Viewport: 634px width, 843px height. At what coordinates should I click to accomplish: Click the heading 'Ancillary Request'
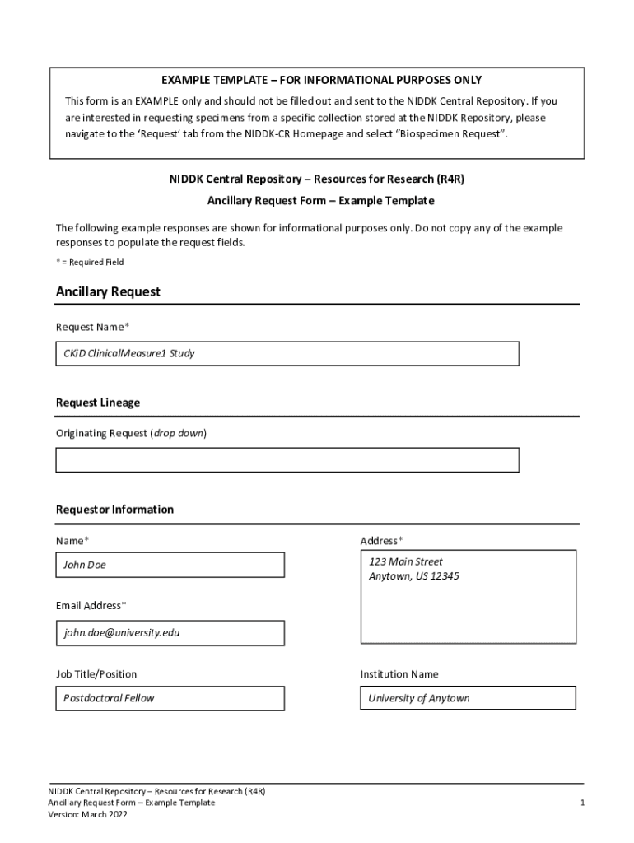pyautogui.click(x=108, y=292)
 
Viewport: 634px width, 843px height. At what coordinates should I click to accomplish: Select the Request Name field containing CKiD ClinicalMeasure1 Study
pyautogui.click(x=287, y=354)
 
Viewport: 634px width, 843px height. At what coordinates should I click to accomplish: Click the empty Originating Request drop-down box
pyautogui.click(x=287, y=460)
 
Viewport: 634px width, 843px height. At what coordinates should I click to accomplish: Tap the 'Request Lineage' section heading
pyautogui.click(x=98, y=403)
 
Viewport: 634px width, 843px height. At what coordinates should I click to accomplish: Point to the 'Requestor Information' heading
pyautogui.click(x=114, y=510)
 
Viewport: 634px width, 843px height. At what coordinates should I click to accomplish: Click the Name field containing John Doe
pyautogui.click(x=170, y=565)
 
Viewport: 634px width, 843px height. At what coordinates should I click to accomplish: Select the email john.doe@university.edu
pyautogui.click(x=122, y=633)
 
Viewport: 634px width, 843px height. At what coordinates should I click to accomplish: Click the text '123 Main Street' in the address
pyautogui.click(x=405, y=561)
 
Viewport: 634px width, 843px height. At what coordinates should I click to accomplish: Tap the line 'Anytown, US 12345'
pyautogui.click(x=413, y=576)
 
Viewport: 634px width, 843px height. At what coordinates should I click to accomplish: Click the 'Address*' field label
pyautogui.click(x=381, y=541)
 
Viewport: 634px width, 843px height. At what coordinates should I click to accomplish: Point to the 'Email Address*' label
pyautogui.click(x=91, y=606)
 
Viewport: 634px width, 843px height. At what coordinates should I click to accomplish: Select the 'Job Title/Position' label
pyautogui.click(x=96, y=674)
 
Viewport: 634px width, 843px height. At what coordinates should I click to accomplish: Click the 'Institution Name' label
pyautogui.click(x=399, y=674)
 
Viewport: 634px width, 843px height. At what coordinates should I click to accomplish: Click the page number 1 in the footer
pyautogui.click(x=581, y=803)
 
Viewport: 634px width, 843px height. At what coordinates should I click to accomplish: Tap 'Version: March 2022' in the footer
pyautogui.click(x=87, y=815)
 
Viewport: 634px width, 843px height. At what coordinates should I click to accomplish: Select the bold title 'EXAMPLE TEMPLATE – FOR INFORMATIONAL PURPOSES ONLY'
pyautogui.click(x=321, y=80)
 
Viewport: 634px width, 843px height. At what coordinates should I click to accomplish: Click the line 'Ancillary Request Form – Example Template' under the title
pyautogui.click(x=320, y=201)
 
